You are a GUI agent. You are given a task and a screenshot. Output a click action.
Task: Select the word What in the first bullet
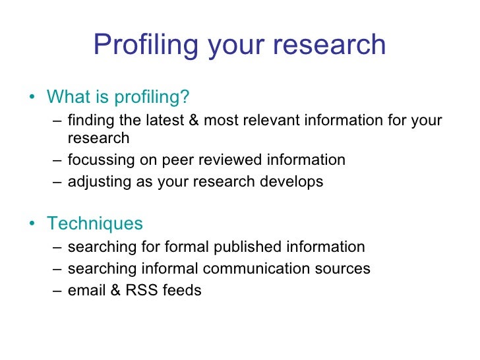(x=67, y=97)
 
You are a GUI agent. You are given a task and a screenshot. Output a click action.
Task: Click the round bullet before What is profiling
(x=33, y=98)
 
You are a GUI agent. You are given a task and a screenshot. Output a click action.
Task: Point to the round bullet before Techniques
(x=33, y=224)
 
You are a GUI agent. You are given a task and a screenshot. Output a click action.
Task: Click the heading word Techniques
(x=95, y=223)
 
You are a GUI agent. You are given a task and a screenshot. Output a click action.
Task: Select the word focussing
(x=98, y=160)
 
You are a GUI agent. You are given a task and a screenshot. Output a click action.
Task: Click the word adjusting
(x=94, y=182)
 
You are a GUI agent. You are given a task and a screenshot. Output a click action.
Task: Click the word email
(x=84, y=289)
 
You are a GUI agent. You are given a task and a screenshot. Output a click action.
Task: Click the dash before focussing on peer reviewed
(x=57, y=160)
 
